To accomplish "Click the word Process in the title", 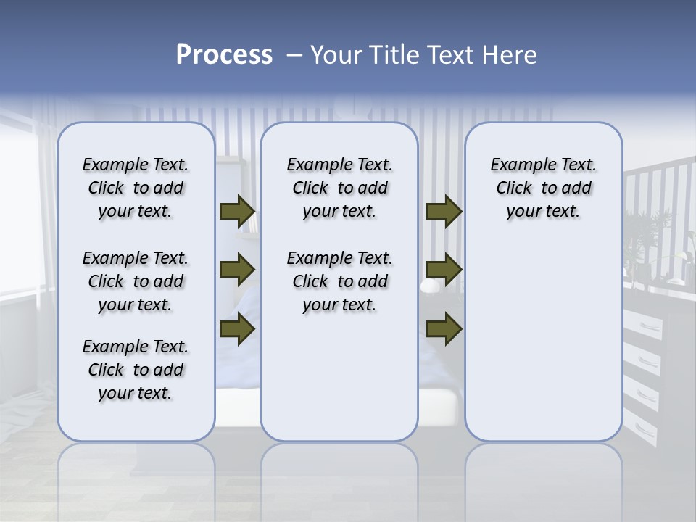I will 224,55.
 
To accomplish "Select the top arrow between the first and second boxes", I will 237,212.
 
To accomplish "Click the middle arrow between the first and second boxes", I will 237,270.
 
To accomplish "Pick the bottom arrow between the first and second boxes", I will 237,328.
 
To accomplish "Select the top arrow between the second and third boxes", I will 444,212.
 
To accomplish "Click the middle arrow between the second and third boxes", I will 444,270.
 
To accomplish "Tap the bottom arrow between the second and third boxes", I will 444,328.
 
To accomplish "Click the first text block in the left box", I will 136,188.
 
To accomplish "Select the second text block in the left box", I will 136,281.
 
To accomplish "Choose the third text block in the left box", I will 136,370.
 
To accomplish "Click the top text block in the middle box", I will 339,188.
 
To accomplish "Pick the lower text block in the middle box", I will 339,281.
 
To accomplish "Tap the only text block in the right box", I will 543,188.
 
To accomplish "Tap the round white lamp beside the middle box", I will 429,286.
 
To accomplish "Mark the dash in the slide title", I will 295,55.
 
